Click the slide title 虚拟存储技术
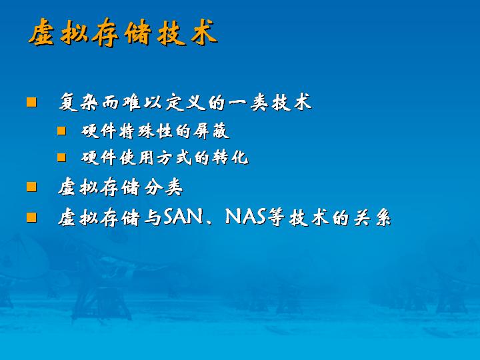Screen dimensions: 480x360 pos(123,33)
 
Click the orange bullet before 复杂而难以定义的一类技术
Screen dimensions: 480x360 pos(31,102)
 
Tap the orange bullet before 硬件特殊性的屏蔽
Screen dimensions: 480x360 pos(61,131)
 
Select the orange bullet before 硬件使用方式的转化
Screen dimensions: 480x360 pos(61,157)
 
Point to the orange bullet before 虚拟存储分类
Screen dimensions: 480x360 pos(31,187)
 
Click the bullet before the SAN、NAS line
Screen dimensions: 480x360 pos(31,217)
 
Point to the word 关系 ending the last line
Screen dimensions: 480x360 pos(372,217)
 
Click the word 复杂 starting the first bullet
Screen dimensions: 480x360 pos(79,102)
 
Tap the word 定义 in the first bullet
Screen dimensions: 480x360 pos(185,102)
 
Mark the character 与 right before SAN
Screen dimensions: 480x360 pos(153,217)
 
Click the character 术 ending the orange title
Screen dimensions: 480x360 pos(204,33)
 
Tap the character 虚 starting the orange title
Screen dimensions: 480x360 pos(41,33)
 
